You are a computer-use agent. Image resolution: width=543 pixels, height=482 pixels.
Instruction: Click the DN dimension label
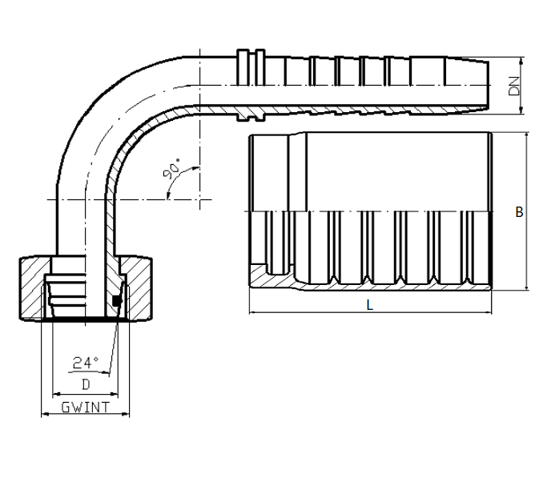coord(514,86)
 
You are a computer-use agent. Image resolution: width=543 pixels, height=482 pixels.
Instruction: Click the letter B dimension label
coord(519,212)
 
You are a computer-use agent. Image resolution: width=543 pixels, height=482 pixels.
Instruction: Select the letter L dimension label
coord(370,305)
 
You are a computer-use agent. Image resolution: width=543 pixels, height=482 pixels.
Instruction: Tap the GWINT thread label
coord(85,408)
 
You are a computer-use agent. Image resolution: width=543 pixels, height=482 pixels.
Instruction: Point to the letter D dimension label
coord(86,384)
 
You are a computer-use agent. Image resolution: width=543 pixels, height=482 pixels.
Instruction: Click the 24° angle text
coord(86,363)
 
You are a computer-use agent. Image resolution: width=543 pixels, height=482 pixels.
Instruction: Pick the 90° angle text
coord(171,169)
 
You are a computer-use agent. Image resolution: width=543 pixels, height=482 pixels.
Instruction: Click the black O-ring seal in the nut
coord(117,301)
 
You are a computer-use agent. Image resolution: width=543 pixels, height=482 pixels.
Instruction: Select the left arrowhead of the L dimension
coord(252,312)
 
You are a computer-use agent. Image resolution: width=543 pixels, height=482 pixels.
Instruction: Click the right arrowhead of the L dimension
coord(489,312)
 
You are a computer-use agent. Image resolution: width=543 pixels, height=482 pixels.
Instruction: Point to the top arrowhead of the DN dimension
coord(521,60)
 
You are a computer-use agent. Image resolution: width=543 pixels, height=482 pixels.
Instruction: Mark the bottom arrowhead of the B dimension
coord(527,287)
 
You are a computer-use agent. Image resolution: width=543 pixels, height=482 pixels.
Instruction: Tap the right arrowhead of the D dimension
coord(115,394)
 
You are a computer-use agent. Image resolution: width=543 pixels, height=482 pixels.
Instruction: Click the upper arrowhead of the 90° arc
coord(196,168)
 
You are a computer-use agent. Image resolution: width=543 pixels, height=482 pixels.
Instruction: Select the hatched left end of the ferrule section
coord(259,276)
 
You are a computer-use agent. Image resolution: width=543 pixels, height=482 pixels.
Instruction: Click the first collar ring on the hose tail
coord(243,85)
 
